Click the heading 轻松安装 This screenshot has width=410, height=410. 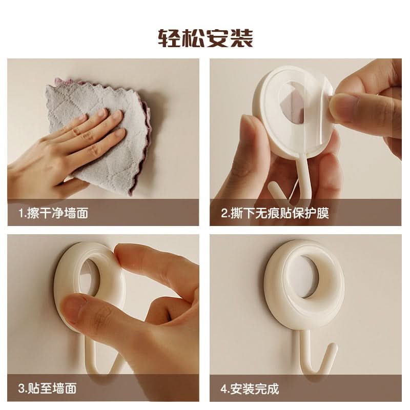point(206,38)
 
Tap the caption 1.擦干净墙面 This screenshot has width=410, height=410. point(53,213)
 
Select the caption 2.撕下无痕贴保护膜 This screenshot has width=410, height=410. point(275,213)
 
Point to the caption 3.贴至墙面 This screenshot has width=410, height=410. point(47,388)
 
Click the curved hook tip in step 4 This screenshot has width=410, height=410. point(332,347)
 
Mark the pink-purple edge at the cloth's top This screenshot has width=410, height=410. point(68,81)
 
